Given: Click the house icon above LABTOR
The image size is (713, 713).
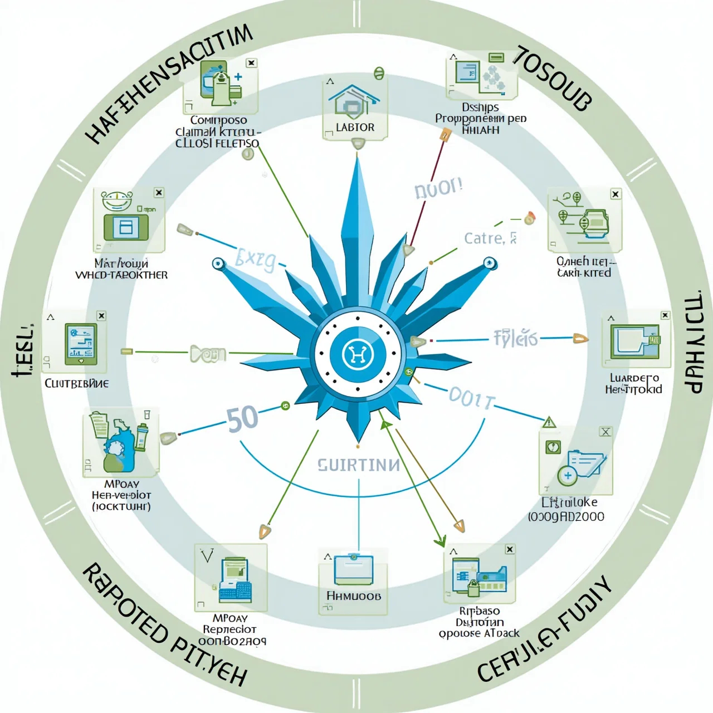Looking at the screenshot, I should click(354, 100).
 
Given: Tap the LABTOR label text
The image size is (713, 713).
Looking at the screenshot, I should click(355, 128).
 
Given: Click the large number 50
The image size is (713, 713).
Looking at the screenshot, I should click(242, 419).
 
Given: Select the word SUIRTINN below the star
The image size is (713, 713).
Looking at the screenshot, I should click(359, 465).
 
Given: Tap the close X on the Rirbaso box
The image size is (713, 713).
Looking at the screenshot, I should click(510, 549).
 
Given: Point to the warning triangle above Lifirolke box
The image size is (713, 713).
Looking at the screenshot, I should click(549, 422).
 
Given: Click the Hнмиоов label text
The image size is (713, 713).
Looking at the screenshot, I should click(354, 596).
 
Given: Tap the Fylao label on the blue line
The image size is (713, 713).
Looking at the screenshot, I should click(515, 338).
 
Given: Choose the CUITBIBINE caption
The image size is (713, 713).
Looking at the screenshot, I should click(77, 383).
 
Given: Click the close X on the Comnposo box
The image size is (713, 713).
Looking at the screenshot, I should click(251, 63).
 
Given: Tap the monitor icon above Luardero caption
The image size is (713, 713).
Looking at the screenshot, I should click(633, 341).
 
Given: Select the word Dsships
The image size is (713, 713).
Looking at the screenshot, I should click(480, 107).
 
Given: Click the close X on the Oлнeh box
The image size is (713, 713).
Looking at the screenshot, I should click(616, 194).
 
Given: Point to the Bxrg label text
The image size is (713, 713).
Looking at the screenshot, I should click(255, 260).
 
